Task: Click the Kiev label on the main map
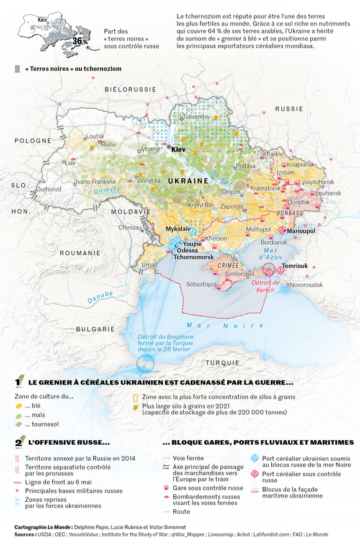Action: (x=179, y=150)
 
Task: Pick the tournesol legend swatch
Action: (x=19, y=424)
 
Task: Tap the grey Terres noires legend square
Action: (x=17, y=68)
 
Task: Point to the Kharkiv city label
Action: (x=273, y=153)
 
